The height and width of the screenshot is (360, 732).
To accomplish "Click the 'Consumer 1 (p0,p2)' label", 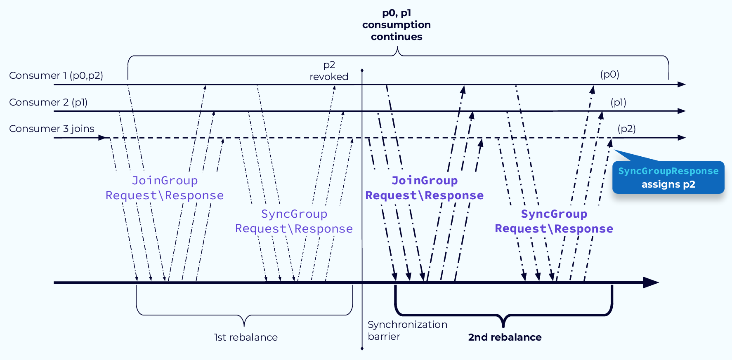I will click(56, 75).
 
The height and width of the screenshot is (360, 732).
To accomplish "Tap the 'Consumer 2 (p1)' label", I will click(48, 102).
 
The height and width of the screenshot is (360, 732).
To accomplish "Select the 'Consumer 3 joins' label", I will click(52, 129).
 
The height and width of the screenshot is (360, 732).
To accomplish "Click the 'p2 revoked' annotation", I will click(329, 71).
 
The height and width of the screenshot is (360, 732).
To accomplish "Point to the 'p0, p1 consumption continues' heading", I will click(396, 25).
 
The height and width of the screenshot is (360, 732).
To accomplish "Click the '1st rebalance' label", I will click(246, 337).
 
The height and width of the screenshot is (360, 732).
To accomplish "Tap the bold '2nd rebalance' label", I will click(505, 337).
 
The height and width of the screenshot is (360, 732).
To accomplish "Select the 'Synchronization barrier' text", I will click(407, 330).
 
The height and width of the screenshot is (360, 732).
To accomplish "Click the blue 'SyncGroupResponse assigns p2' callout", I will click(668, 178).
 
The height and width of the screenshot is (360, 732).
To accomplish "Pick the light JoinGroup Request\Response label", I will click(165, 188).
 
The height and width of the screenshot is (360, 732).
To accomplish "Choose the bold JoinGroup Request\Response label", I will click(425, 188).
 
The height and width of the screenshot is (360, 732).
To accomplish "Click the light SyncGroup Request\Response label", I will click(294, 221).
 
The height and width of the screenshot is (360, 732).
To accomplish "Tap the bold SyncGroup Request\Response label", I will click(554, 221).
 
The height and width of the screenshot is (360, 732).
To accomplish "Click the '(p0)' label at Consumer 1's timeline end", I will click(609, 75).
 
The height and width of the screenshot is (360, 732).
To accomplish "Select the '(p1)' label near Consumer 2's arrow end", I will click(618, 102).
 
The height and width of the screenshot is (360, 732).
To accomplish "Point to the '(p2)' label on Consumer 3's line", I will click(626, 129).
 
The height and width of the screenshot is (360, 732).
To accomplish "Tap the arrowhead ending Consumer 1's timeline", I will click(682, 85).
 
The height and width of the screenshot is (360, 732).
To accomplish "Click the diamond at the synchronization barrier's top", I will click(362, 71).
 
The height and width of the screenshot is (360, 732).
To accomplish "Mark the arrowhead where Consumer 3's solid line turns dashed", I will click(103, 138).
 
